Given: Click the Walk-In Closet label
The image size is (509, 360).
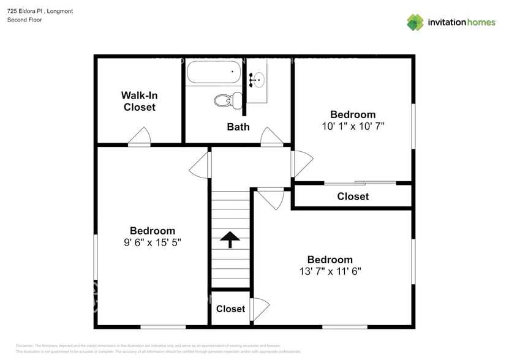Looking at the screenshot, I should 139,101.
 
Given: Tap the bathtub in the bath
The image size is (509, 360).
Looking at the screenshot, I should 213,73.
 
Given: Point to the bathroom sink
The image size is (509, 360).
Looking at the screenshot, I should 257,78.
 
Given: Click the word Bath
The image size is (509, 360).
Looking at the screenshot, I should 238,127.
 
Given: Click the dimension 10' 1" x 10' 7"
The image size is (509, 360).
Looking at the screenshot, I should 353,127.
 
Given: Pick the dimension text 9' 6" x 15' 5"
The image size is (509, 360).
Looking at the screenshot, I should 153,242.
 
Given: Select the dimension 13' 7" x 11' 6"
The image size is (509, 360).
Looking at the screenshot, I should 330,271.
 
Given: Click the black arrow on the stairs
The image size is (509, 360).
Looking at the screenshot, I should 230,239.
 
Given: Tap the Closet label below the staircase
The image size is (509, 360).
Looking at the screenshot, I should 230,309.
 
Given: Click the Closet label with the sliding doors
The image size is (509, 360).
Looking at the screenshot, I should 353,197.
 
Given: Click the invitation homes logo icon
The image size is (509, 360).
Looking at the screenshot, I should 415,23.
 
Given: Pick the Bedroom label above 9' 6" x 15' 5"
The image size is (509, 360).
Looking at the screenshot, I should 153,231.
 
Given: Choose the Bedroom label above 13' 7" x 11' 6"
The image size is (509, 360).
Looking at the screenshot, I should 330,260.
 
